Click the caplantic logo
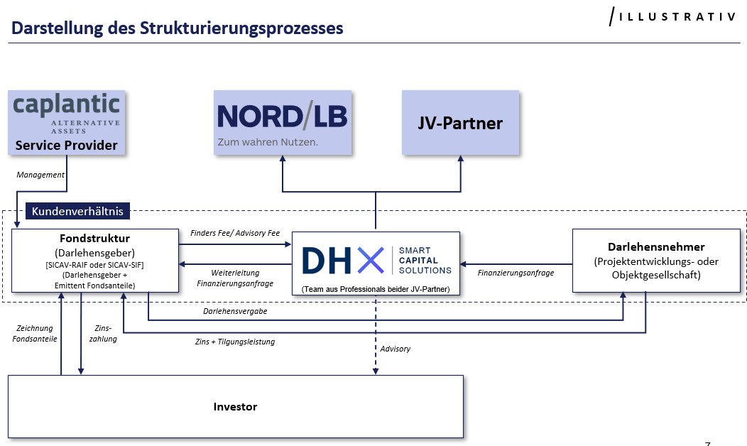click(x=67, y=106)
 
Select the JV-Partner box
click(x=459, y=123)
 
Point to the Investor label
click(x=235, y=407)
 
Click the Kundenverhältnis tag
click(x=77, y=211)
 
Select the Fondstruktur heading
click(x=95, y=238)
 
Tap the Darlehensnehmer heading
click(x=656, y=246)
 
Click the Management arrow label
click(x=40, y=175)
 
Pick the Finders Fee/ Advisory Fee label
click(x=235, y=233)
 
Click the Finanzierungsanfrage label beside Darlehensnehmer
click(x=516, y=273)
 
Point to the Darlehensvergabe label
click(x=235, y=311)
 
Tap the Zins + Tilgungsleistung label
click(x=234, y=342)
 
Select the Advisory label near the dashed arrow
click(x=396, y=349)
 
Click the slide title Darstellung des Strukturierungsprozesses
click(x=177, y=28)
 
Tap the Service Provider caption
click(x=66, y=146)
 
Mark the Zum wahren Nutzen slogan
click(x=267, y=141)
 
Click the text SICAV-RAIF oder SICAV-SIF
click(x=95, y=264)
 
